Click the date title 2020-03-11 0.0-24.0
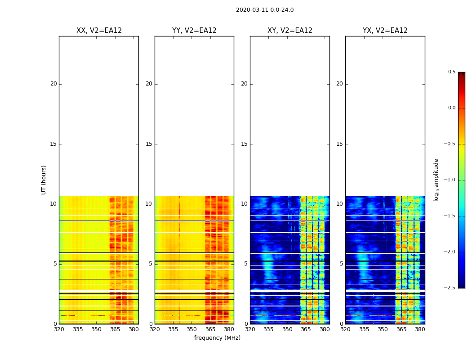[x=265, y=10]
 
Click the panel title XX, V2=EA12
[x=99, y=31]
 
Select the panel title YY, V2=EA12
[x=194, y=31]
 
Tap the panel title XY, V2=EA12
[x=290, y=31]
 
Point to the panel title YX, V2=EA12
[x=385, y=31]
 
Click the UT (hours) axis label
[x=44, y=180]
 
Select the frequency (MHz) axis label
[x=217, y=338]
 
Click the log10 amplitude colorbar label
[x=436, y=180]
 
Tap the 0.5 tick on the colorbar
[x=451, y=72]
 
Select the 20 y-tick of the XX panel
[x=53, y=84]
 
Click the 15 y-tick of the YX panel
[x=339, y=144]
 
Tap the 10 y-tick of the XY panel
[x=244, y=204]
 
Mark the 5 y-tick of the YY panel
[x=151, y=264]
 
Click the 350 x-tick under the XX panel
[x=96, y=329]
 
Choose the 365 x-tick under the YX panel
[x=401, y=329]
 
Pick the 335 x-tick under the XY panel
[x=268, y=329]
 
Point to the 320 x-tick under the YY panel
[x=155, y=329]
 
